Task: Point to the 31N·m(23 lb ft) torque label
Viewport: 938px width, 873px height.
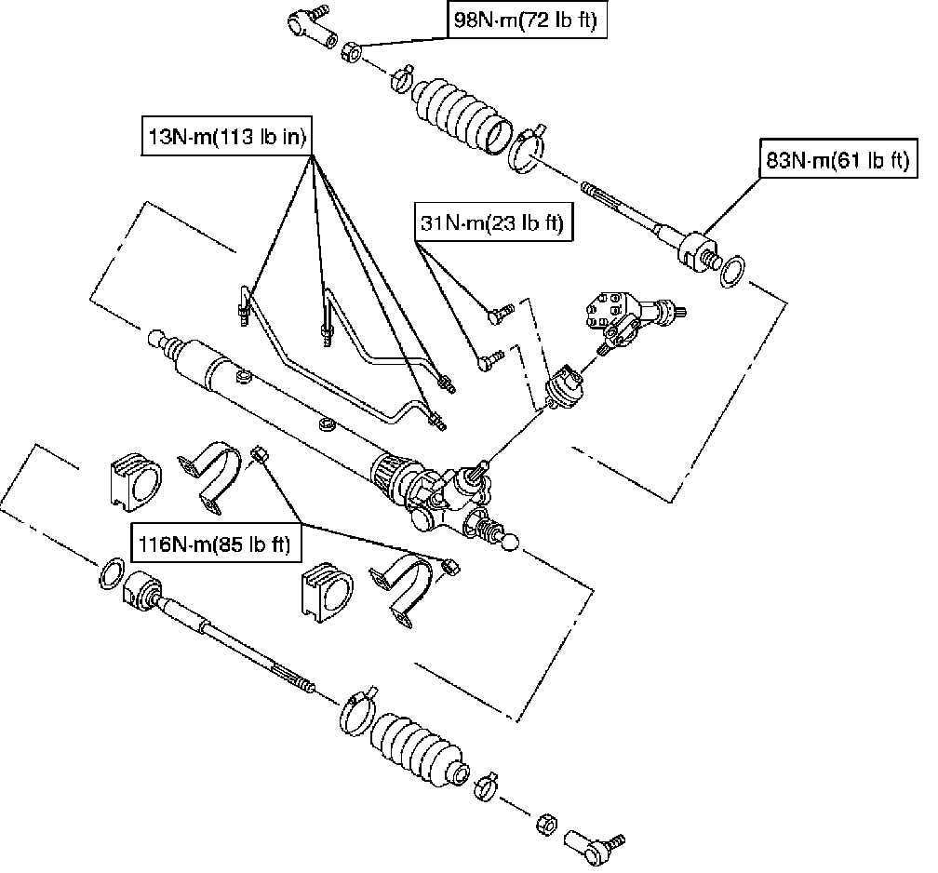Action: point(492,224)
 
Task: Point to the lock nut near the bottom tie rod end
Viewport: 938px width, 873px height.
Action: point(547,822)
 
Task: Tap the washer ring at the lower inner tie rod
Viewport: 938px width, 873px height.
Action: point(110,573)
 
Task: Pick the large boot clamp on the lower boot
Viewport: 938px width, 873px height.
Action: point(356,710)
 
